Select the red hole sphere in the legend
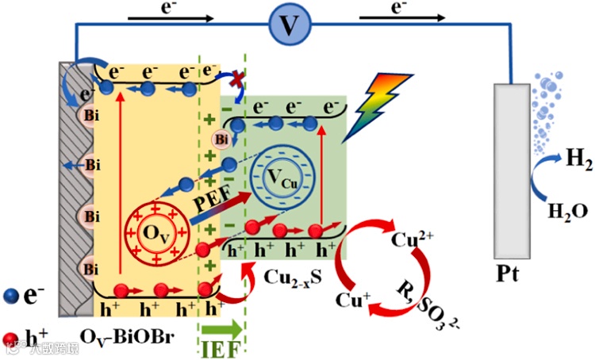click(10, 340)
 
